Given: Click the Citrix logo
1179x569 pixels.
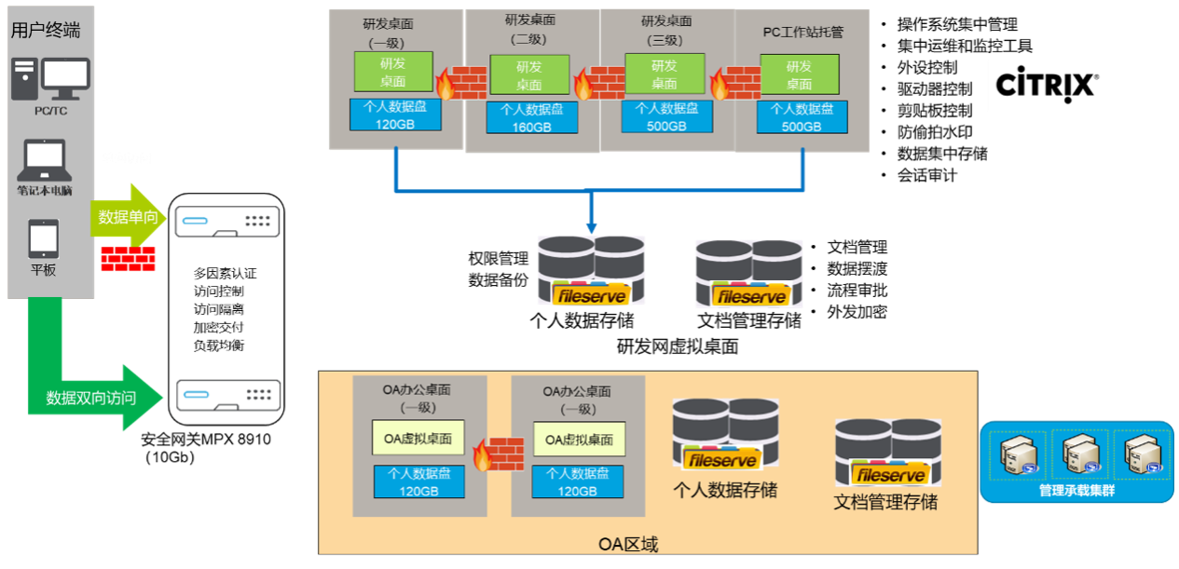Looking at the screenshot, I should point(1047,85).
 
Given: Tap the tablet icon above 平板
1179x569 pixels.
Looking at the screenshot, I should point(43,238).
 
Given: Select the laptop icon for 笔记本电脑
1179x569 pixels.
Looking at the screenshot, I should point(44,162).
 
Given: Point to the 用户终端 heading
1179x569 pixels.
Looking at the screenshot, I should point(46,30).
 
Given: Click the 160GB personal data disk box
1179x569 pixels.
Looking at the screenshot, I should point(531,117).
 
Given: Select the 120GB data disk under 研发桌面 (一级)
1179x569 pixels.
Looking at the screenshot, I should point(394,115).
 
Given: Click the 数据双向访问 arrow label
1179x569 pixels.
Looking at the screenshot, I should point(91,398).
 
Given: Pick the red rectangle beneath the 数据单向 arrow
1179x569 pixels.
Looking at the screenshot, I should point(128,259).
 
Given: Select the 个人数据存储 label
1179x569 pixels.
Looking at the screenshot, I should point(724,490).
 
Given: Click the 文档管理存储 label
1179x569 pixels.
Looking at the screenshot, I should point(884,503).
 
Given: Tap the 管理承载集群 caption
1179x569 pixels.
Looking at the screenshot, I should point(1076,490).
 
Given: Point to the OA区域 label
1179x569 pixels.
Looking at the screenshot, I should point(627,544).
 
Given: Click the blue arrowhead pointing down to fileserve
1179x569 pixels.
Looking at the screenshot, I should point(591,226).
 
